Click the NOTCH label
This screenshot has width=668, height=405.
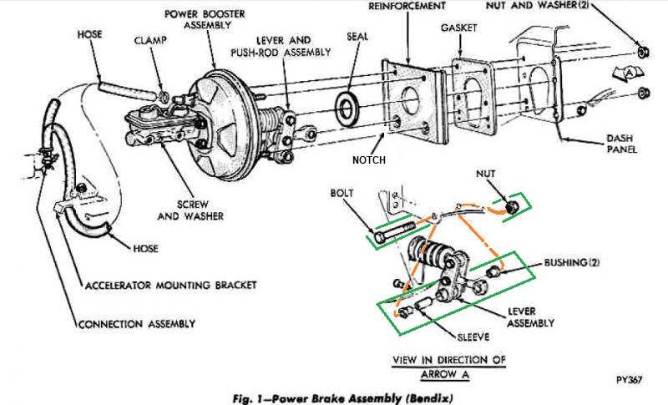pos(369,155)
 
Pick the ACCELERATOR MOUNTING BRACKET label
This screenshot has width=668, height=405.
pos(171,285)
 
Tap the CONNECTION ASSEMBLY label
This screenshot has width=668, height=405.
pos(137,323)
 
